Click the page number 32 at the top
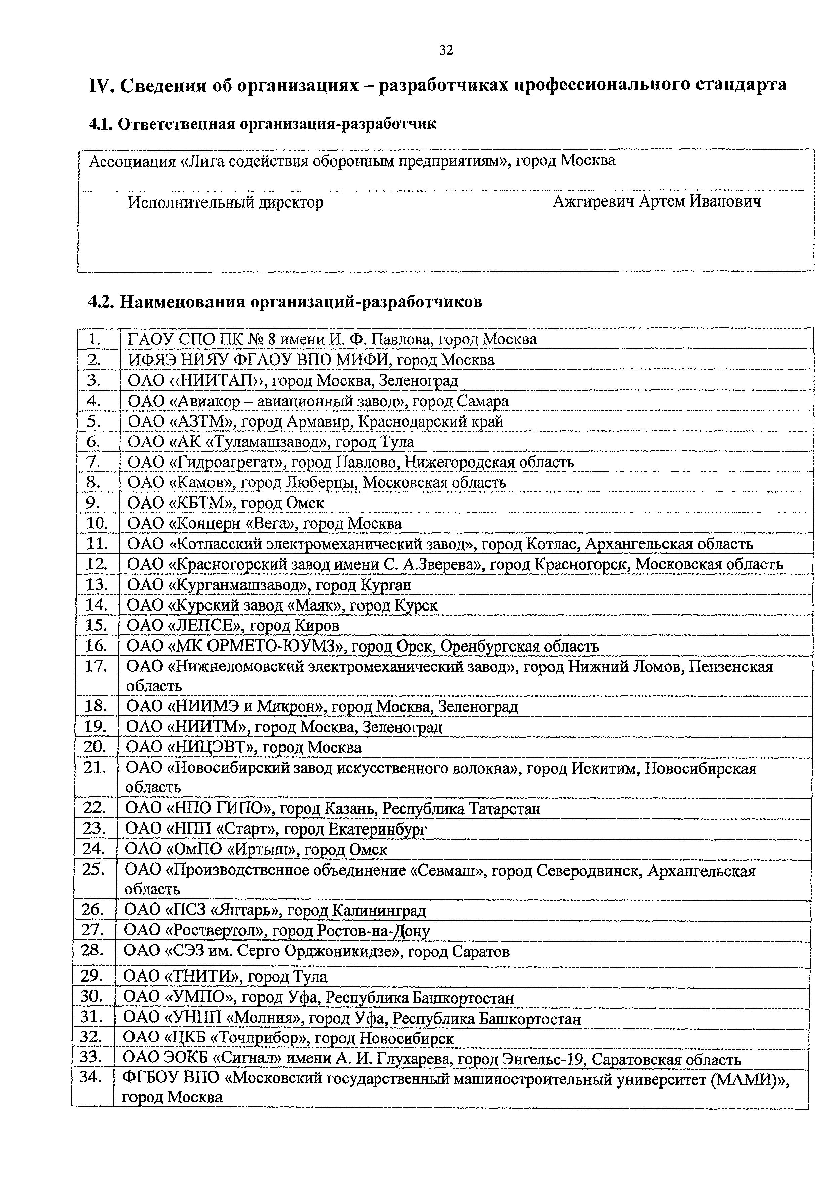click(x=446, y=50)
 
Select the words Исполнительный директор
click(x=226, y=202)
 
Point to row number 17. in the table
click(x=96, y=667)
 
